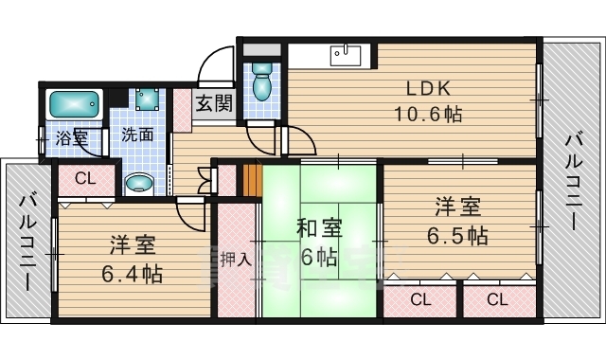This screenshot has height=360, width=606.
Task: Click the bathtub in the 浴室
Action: pyautogui.click(x=75, y=104)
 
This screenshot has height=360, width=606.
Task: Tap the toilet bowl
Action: pyautogui.click(x=262, y=81)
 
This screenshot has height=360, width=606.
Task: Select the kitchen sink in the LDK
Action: pyautogui.click(x=346, y=55)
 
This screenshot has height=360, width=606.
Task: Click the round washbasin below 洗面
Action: pyautogui.click(x=139, y=183)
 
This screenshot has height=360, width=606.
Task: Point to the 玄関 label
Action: pyautogui.click(x=214, y=103)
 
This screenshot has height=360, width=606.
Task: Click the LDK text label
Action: pyautogui.click(x=428, y=89)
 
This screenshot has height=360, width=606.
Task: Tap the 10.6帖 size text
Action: pyautogui.click(x=428, y=114)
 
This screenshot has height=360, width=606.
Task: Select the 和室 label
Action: pyautogui.click(x=320, y=228)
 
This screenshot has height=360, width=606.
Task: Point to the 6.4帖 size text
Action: pyautogui.click(x=133, y=274)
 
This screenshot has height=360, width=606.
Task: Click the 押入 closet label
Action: pyautogui.click(x=237, y=259)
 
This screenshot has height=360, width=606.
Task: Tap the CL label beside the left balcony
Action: pyautogui.click(x=85, y=179)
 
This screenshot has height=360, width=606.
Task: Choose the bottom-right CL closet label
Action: pyautogui.click(x=497, y=299)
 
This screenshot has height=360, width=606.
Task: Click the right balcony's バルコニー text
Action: pyautogui.click(x=574, y=182)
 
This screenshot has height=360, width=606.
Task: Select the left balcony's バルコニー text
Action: pyautogui.click(x=27, y=243)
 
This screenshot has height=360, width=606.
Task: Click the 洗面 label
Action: pyautogui.click(x=137, y=135)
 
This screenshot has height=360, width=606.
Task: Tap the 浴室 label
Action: pyautogui.click(x=72, y=137)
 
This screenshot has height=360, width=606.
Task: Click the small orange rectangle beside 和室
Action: pyautogui.click(x=252, y=180)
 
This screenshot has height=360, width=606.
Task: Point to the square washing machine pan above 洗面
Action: pyautogui.click(x=147, y=99)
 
